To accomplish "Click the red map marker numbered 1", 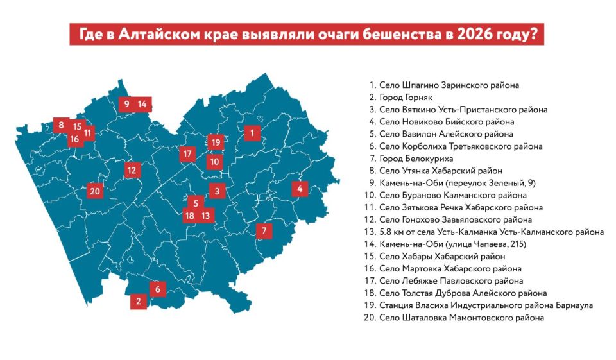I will (x=252, y=133).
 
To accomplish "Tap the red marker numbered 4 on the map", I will (x=300, y=189).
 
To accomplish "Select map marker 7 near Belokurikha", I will (x=264, y=231).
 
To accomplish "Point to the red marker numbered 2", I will (x=138, y=300).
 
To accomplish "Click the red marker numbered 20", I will (x=96, y=191).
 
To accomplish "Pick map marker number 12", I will (x=132, y=170).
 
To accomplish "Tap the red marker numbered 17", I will (x=187, y=154).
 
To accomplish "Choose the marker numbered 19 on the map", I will (x=216, y=142).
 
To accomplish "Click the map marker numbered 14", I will (x=142, y=104).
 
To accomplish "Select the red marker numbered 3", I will (x=218, y=191).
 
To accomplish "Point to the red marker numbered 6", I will (x=157, y=289).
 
